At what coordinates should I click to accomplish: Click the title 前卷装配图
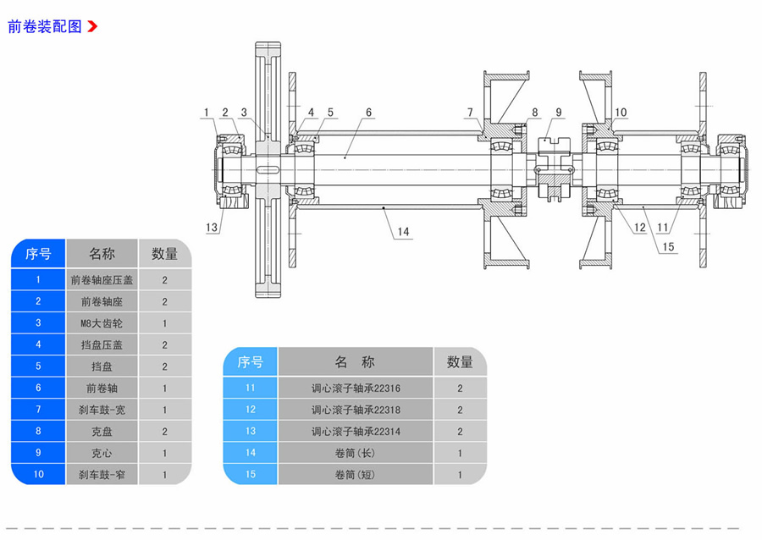[x=45, y=26]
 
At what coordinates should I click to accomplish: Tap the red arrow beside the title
[x=92, y=26]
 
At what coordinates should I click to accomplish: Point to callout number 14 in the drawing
[x=402, y=232]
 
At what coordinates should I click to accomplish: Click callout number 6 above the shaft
[x=369, y=112]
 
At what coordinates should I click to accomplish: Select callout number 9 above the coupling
[x=558, y=112]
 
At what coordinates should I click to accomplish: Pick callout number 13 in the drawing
[x=212, y=227]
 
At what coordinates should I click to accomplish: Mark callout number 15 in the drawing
[x=669, y=247]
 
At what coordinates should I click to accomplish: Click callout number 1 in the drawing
[x=206, y=112]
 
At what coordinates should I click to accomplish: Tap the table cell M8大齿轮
[x=102, y=323]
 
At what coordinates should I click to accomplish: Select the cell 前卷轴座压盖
[x=102, y=280]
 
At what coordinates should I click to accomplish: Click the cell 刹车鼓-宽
[x=102, y=410]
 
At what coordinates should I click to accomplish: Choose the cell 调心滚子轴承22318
[x=356, y=410]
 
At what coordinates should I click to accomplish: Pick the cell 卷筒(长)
[x=356, y=453]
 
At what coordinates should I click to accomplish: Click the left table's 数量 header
[x=164, y=253]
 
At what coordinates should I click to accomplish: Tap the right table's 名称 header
[x=356, y=362]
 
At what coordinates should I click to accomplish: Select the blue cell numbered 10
[x=38, y=475]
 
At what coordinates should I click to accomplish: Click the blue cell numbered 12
[x=250, y=410]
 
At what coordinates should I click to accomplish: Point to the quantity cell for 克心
[x=164, y=453]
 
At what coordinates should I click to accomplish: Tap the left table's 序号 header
[x=38, y=253]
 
